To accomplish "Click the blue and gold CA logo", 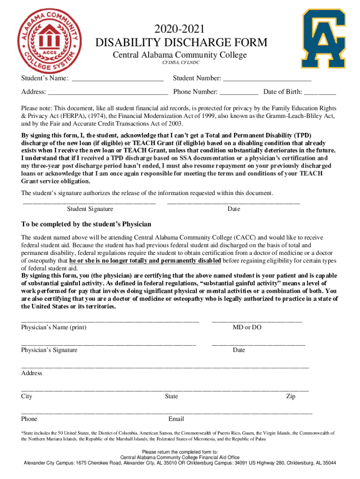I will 324,38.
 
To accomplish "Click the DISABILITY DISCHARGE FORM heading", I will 181,43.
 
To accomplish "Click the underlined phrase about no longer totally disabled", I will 145,261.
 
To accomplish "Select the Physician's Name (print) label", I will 54,327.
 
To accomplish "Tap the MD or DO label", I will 247,327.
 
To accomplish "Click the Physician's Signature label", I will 50,350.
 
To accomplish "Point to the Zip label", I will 290,396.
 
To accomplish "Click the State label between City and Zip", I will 171,396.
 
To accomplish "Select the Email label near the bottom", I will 176,419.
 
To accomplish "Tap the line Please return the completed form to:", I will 180,452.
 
